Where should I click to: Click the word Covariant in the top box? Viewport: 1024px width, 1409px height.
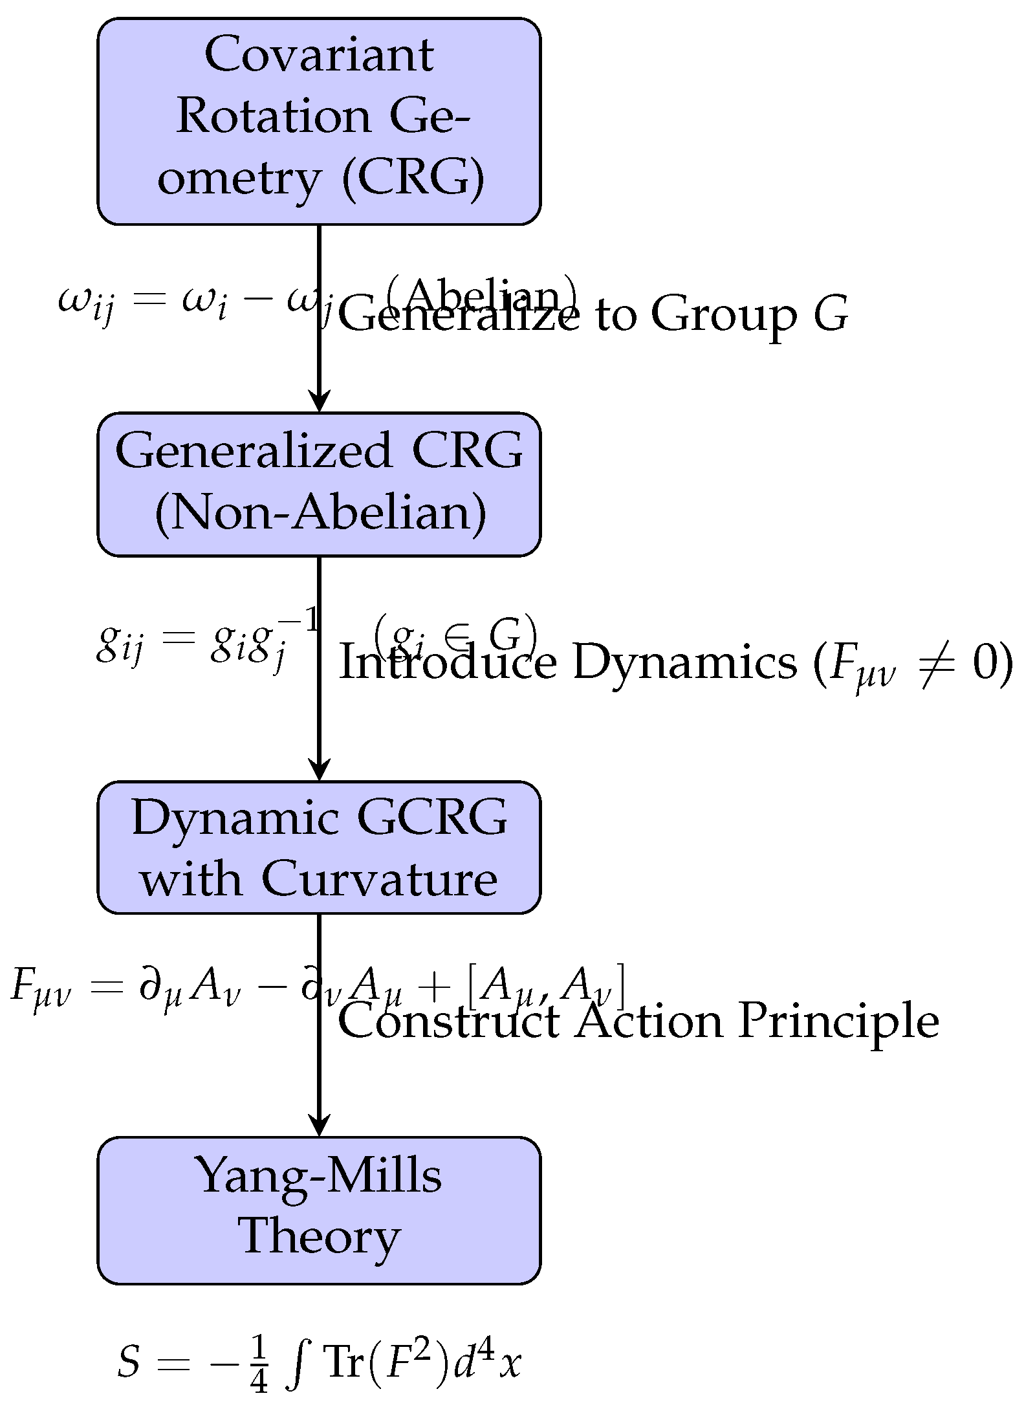click(319, 56)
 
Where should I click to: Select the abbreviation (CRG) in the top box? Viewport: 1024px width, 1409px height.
click(412, 177)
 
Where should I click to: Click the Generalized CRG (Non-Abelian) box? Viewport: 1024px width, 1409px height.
click(319, 484)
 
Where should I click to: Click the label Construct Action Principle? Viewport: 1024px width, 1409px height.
click(638, 1022)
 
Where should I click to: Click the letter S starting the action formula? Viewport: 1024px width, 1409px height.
click(129, 1362)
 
